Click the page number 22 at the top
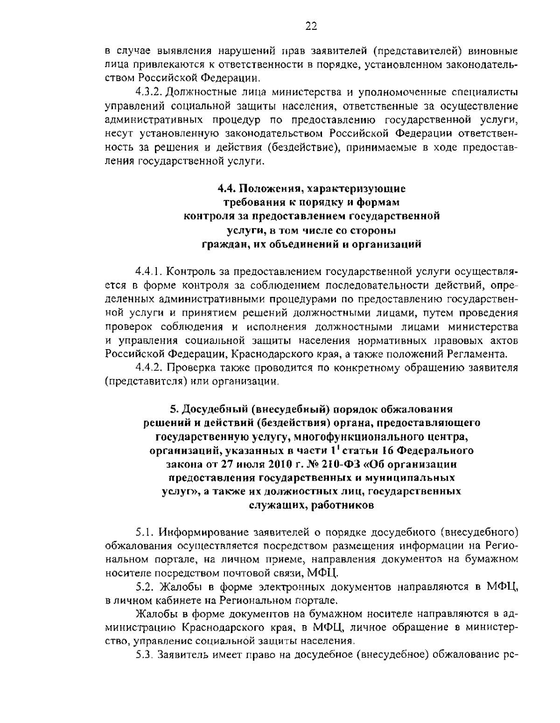[311, 27]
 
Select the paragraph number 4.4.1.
[148, 271]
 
